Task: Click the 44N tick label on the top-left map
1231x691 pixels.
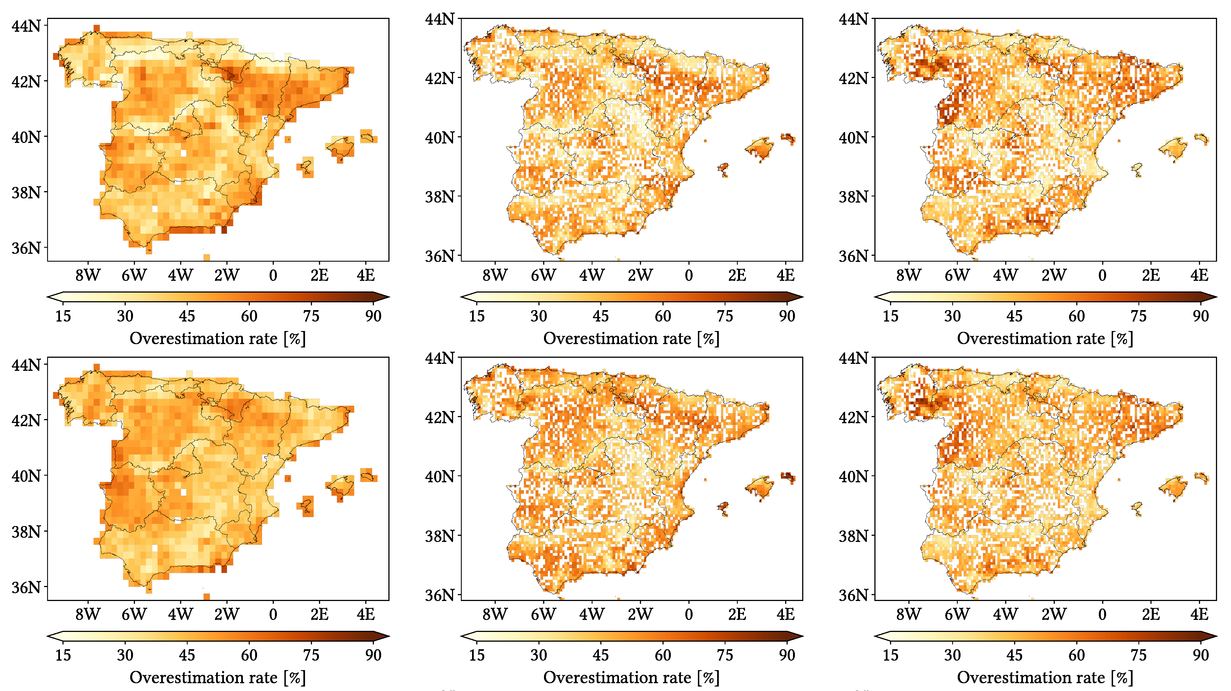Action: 26,26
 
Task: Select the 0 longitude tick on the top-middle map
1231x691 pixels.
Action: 688,276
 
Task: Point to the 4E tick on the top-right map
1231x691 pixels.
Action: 1199,276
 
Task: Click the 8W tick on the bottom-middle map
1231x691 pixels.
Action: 495,615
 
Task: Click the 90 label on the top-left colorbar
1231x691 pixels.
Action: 373,316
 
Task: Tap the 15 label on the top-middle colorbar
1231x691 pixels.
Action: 477,316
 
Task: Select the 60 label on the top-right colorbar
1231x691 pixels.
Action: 1076,316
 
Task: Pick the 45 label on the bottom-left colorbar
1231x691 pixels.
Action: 187,655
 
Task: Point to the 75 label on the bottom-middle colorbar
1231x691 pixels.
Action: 724,655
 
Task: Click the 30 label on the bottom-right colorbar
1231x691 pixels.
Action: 952,655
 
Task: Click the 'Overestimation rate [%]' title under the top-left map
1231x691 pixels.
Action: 217,339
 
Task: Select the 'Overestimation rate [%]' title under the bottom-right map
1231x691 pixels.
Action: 1045,678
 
